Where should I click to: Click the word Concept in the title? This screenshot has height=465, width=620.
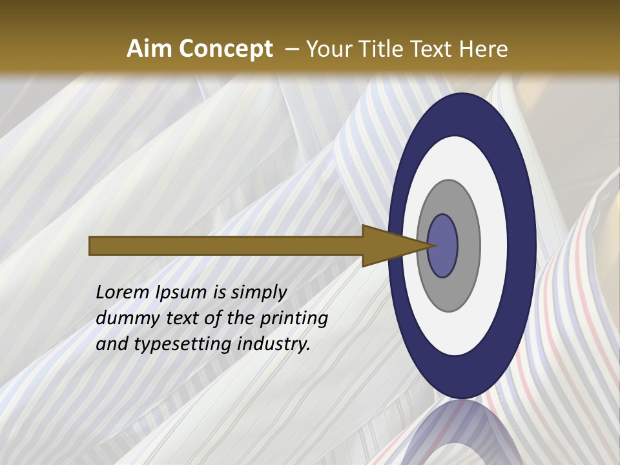pos(225,49)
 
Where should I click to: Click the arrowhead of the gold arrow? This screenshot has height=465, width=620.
pos(387,246)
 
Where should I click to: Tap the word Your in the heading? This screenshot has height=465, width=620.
pos(327,49)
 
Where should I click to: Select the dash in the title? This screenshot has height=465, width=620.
pos(291,49)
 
